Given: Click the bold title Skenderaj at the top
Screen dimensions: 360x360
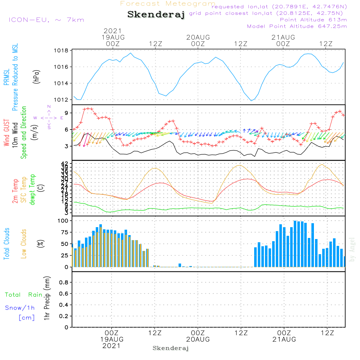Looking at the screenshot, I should point(156,15).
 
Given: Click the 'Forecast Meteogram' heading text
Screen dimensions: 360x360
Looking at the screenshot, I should point(168,4).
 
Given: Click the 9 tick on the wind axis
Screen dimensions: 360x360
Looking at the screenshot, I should point(67,113).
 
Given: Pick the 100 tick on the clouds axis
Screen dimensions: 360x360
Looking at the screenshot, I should point(63,221).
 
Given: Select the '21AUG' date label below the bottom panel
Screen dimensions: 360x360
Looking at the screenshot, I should point(284,339).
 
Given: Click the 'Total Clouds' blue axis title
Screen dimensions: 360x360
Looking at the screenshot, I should point(7,244).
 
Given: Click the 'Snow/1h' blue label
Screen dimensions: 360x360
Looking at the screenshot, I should point(20,308).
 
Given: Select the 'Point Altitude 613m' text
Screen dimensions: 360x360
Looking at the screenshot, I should point(313,20).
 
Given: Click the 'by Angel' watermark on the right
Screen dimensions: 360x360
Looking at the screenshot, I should point(352,249).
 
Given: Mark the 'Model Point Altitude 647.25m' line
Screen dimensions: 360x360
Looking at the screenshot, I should point(297,26).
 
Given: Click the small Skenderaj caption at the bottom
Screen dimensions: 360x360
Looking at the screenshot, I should point(171,348).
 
